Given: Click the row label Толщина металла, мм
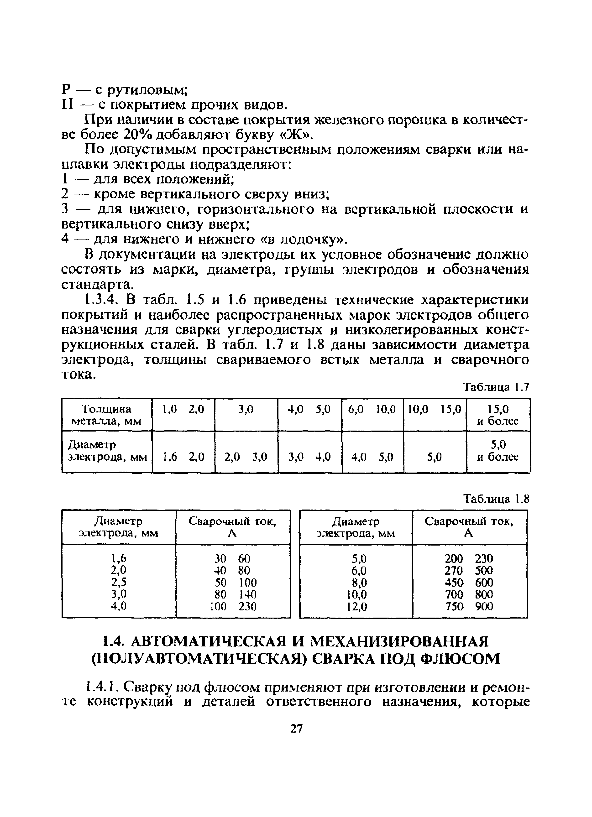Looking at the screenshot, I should tap(107, 415).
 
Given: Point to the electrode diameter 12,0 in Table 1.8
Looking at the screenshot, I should tap(357, 607).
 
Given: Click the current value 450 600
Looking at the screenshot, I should tap(469, 583).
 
